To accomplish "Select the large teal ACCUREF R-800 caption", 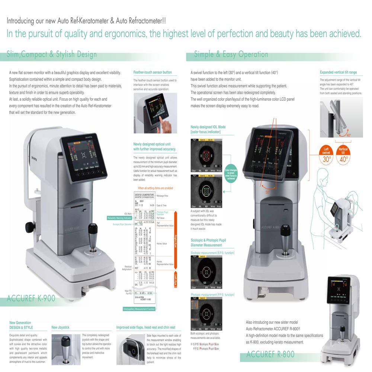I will click(270, 354).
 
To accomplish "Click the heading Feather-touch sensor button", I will click(152, 72).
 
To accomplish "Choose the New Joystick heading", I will click(60, 327).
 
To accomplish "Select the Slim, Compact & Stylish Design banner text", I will click(52, 55).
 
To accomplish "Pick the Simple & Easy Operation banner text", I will click(231, 55).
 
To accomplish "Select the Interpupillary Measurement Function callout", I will click(139, 309).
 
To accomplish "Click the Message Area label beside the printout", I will click(163, 196).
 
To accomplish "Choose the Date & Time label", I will click(161, 205).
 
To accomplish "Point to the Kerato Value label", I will click(162, 244).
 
